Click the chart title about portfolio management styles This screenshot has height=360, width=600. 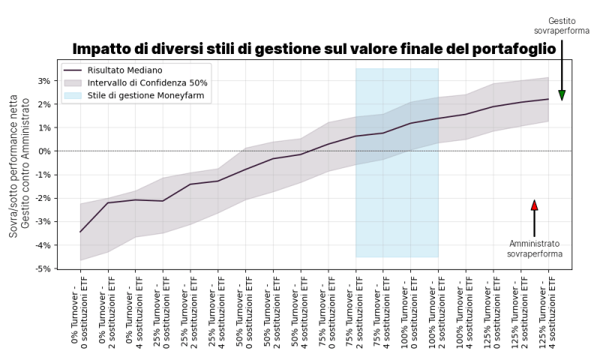(x=314, y=49)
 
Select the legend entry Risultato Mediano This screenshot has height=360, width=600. (x=124, y=70)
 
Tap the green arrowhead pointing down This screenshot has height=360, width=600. (x=562, y=95)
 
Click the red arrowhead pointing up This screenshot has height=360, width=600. (x=534, y=205)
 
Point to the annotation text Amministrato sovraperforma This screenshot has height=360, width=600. (x=534, y=249)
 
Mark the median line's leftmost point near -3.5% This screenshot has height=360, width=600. (x=80, y=232)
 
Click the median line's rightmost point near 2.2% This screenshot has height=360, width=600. (x=548, y=99)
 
